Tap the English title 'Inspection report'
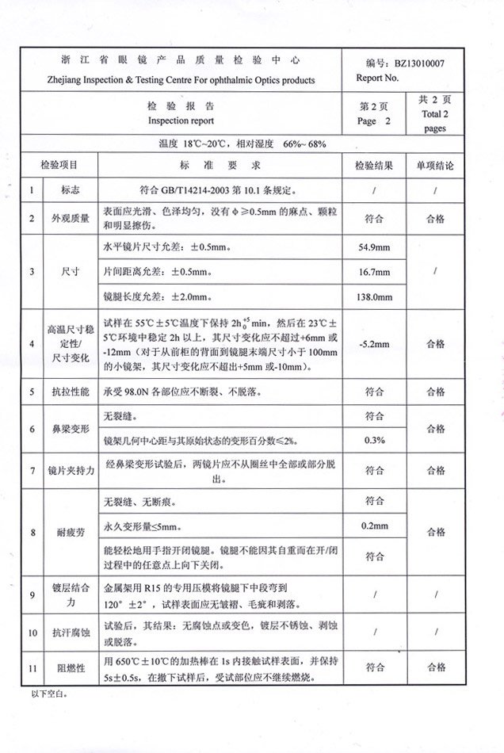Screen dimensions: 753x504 click(x=180, y=121)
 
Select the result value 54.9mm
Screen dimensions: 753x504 click(x=374, y=247)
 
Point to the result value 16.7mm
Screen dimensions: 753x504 click(x=374, y=272)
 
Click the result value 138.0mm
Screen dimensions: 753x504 click(x=374, y=296)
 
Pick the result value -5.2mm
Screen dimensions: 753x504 click(x=374, y=344)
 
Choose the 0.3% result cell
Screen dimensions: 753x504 click(x=374, y=439)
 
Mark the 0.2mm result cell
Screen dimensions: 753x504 click(x=374, y=526)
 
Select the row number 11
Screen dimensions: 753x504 click(x=32, y=668)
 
